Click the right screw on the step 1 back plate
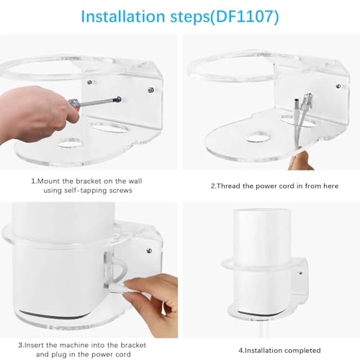click(150, 89)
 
